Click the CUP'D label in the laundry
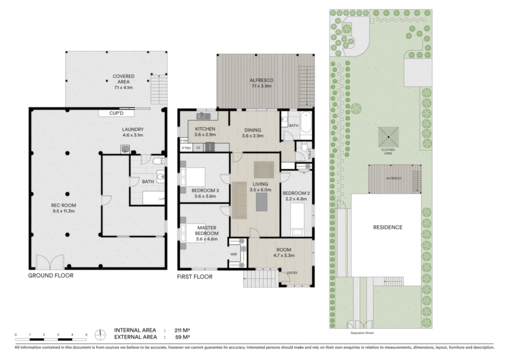click(116, 113)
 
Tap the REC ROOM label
click(64, 205)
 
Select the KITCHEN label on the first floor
click(205, 129)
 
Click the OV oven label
click(198, 148)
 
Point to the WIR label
click(234, 254)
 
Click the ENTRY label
click(292, 273)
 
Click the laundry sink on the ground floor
click(125, 149)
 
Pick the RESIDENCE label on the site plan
click(388, 227)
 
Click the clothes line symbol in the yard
click(388, 137)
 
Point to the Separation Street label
click(362, 333)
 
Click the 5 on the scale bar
click(86, 335)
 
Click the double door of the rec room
click(50, 262)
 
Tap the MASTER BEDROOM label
click(207, 231)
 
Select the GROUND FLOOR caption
click(51, 275)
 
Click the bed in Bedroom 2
click(297, 220)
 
